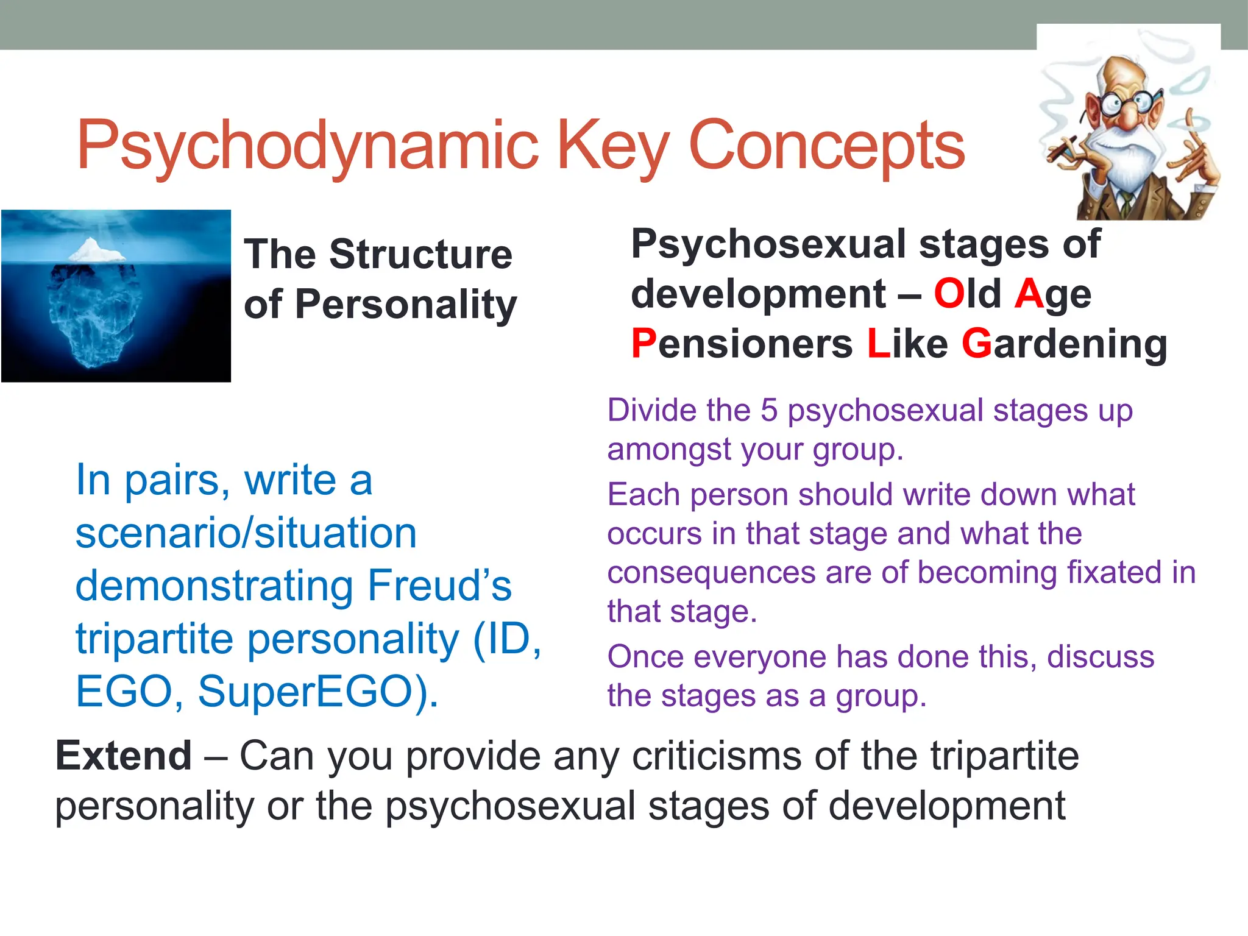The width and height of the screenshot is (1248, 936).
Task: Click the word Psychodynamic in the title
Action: (x=307, y=146)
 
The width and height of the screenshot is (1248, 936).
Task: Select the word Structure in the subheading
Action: (x=420, y=254)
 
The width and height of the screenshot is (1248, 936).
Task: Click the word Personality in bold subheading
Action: (x=406, y=304)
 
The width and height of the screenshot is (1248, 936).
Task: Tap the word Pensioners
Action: (x=742, y=344)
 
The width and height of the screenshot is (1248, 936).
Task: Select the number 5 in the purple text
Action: (x=769, y=410)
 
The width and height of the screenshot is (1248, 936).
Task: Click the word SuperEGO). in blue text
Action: (x=317, y=692)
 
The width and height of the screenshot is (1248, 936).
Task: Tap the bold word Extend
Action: (x=124, y=756)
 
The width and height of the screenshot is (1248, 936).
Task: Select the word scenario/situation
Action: (x=246, y=533)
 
